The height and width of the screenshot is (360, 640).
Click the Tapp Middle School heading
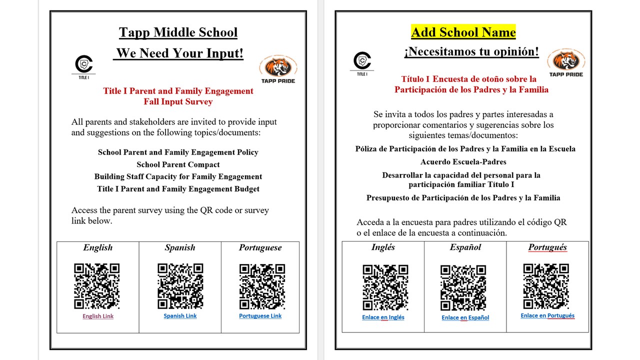(178, 33)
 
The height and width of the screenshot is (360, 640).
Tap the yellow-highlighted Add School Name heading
(463, 32)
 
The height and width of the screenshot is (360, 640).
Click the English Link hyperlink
(98, 316)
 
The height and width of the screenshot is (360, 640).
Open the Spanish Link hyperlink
(180, 316)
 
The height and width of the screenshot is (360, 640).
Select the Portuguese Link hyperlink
(260, 316)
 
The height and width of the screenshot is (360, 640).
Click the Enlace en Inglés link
(383, 317)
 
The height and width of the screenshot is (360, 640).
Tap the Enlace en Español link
(465, 317)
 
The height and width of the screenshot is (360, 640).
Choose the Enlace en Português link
(547, 315)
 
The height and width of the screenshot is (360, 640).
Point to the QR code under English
(97, 286)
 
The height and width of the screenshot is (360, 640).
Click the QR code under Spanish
(180, 286)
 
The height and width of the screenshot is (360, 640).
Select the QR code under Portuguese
(262, 286)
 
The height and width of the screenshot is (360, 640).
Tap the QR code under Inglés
(385, 287)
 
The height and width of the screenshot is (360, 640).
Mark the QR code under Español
(463, 287)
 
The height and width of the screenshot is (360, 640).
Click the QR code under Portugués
(546, 286)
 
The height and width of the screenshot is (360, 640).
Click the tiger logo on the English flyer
(278, 67)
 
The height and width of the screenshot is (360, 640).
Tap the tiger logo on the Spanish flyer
(566, 61)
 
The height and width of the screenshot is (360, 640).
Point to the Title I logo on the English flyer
(84, 65)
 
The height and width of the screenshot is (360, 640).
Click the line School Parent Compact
(178, 164)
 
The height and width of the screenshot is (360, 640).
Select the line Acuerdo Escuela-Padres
(463, 162)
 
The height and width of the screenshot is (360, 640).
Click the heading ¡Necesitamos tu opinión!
(471, 52)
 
